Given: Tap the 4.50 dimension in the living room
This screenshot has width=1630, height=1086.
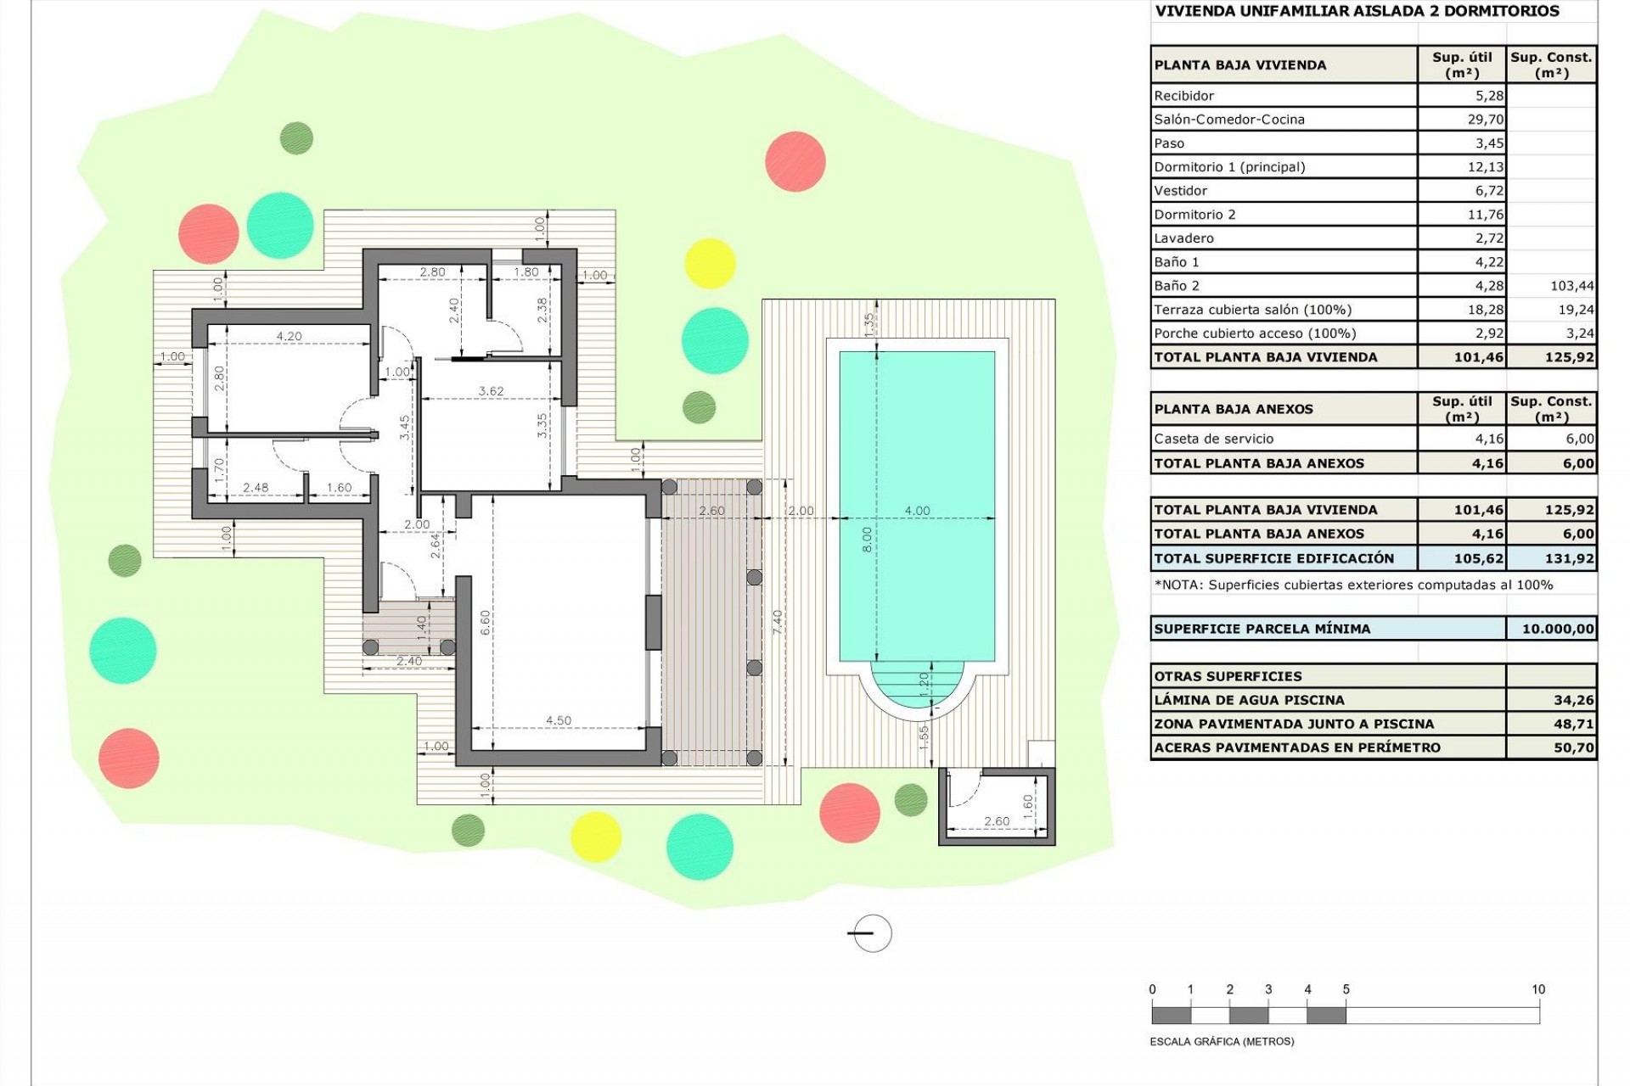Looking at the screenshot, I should [558, 720].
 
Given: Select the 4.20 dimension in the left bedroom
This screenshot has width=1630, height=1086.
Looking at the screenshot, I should [289, 336].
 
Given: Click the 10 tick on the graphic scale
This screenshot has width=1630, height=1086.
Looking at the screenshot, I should [1537, 989].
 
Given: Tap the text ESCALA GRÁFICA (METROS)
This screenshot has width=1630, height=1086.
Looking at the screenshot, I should [1222, 1041].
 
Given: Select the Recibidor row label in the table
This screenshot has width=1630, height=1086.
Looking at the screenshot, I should [1183, 96].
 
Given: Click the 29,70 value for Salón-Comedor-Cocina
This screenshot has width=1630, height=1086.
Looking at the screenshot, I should [1485, 120].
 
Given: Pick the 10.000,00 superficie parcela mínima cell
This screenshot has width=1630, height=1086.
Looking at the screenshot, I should [1557, 629].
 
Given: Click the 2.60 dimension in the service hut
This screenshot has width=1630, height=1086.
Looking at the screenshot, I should [997, 820].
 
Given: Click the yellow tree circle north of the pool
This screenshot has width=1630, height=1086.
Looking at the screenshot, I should [710, 263].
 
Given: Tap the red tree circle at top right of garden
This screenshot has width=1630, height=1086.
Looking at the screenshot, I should [795, 161].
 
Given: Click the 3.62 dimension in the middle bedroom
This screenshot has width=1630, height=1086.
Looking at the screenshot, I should [491, 391].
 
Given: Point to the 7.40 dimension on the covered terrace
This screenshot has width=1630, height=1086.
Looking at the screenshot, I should [778, 622].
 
